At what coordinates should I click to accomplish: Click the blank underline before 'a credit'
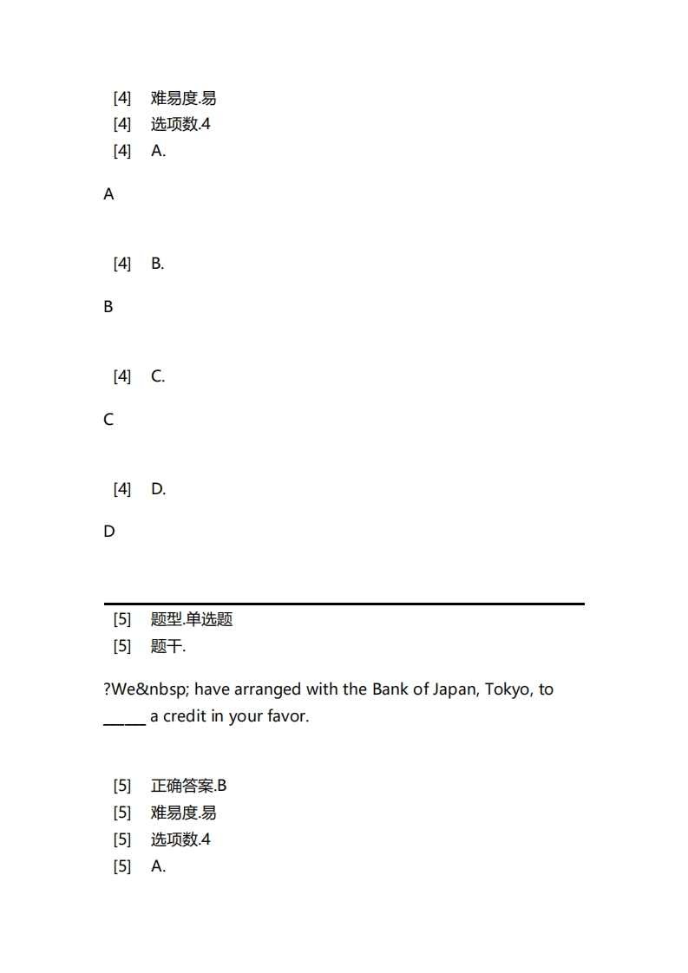(x=124, y=718)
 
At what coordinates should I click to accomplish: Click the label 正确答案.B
(x=188, y=786)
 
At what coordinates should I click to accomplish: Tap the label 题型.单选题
(x=192, y=619)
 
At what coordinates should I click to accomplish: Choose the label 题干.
(x=168, y=646)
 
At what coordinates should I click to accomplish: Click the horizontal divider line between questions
(x=344, y=604)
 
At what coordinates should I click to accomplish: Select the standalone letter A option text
(x=108, y=194)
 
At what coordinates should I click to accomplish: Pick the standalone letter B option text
(x=108, y=307)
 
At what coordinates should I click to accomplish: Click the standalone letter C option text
(x=108, y=420)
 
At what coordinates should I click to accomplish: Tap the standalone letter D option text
(x=108, y=532)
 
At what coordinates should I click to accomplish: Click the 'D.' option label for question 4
(x=158, y=489)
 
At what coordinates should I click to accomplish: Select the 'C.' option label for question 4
(x=158, y=376)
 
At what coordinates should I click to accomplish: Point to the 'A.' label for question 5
(x=158, y=865)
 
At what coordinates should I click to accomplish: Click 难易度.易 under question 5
(x=183, y=813)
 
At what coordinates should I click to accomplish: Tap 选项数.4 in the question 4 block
(x=180, y=124)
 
